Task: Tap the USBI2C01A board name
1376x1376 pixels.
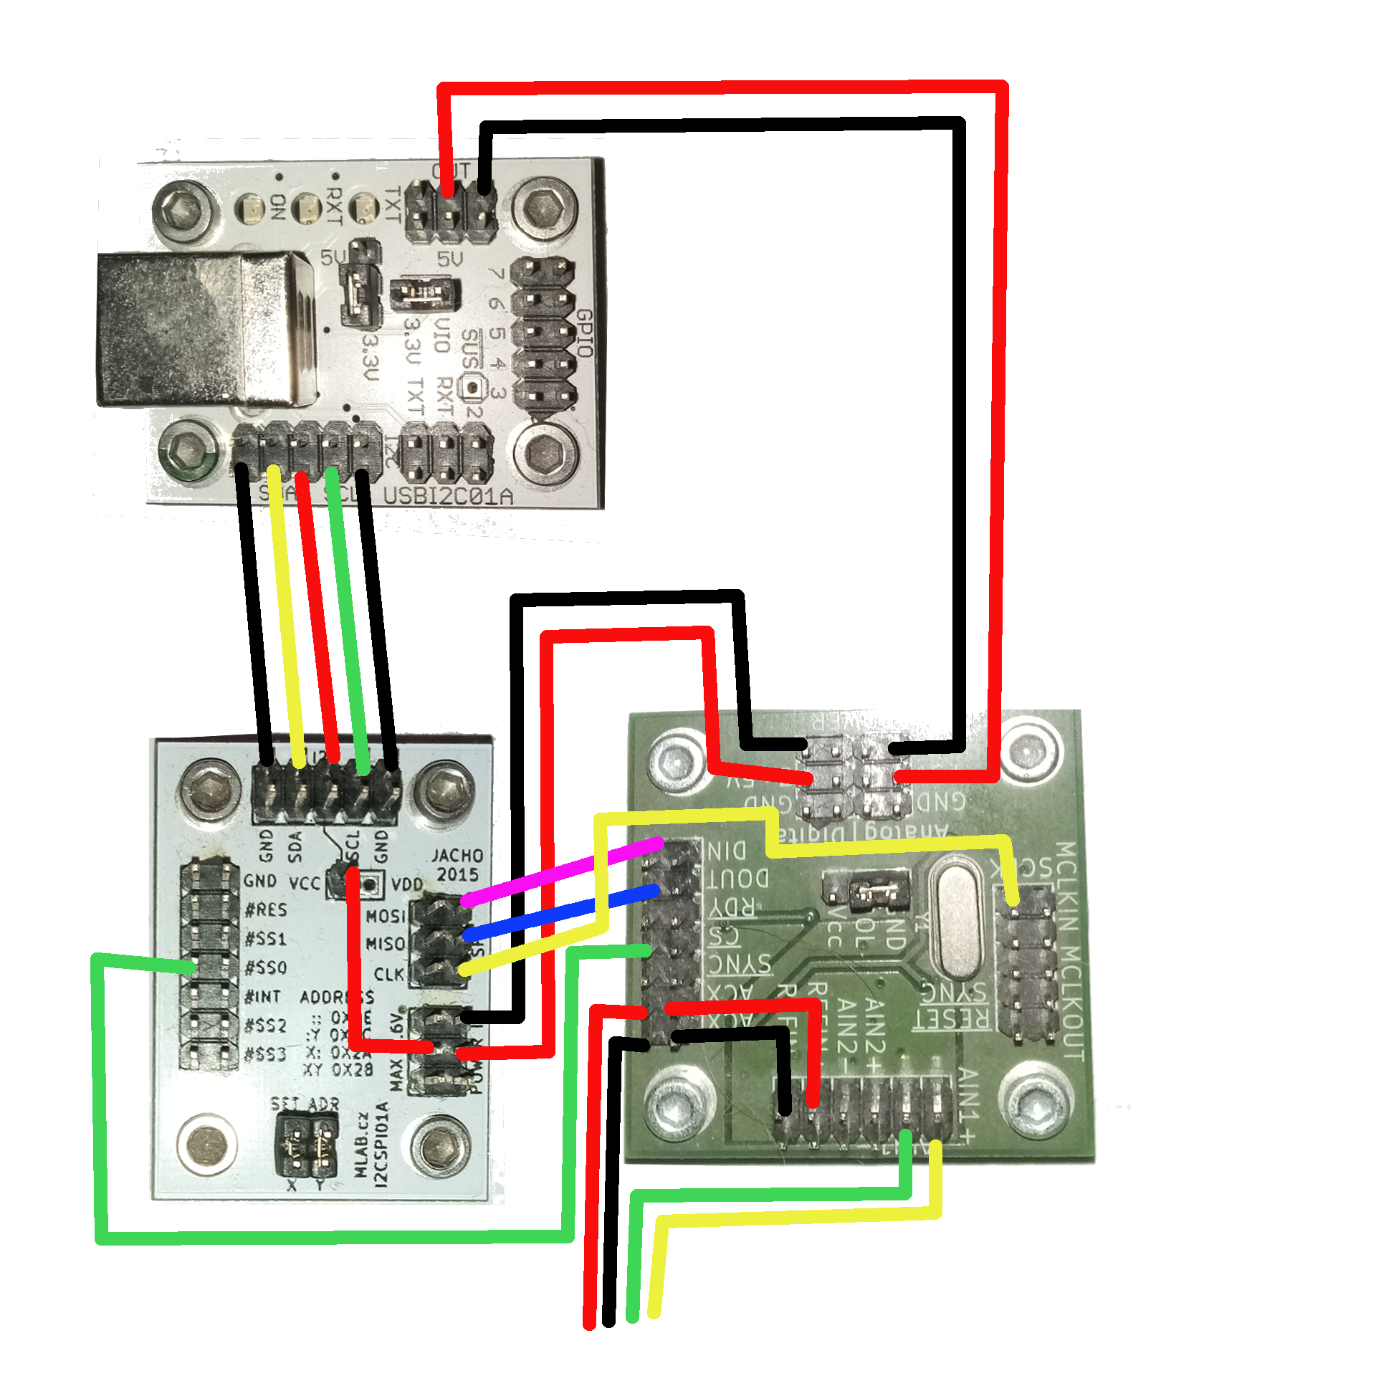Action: (x=448, y=496)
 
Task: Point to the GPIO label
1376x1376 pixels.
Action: (x=585, y=333)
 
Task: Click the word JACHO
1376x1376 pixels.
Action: (x=457, y=856)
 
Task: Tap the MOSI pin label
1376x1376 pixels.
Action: (x=386, y=917)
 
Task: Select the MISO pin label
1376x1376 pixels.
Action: (x=386, y=945)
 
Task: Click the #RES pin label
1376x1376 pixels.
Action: (x=266, y=910)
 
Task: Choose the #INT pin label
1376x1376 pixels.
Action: (x=263, y=997)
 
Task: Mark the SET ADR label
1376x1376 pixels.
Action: (x=305, y=1104)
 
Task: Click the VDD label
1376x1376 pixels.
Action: (x=406, y=884)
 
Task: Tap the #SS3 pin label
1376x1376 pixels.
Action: (x=266, y=1054)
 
